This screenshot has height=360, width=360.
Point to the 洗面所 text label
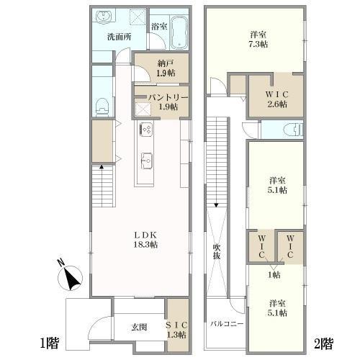click(x=118, y=37)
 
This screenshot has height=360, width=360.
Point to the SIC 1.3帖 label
click(x=176, y=328)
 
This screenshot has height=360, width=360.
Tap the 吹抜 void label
click(x=215, y=251)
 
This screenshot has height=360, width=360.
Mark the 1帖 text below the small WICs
click(x=274, y=274)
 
